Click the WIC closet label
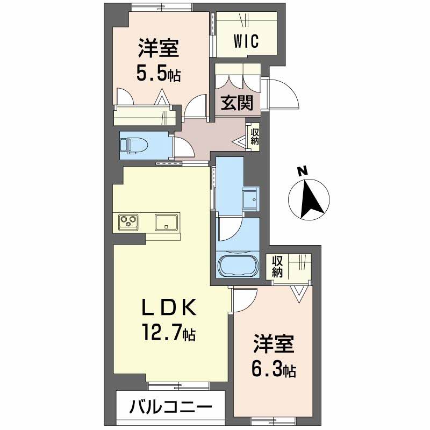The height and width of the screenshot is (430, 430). point(246,41)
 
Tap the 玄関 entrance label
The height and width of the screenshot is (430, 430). point(237,103)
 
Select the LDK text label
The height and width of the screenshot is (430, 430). point(169,307)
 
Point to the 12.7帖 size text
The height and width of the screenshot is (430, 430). point(168,332)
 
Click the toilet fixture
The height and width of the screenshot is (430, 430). point(133,144)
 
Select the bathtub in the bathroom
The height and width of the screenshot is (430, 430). point(238,266)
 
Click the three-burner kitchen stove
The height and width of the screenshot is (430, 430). point(128,221)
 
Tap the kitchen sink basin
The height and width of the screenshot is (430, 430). point(166,222)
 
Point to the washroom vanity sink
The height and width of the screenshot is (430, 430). point(250,199)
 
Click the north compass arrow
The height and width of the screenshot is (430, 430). point(311,199)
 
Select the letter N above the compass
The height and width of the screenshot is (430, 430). point(302,171)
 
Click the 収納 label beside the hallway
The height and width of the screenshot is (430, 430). point(255,137)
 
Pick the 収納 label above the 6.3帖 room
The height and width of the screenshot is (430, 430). point(277,267)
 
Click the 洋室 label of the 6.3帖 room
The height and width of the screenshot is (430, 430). point(274,343)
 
